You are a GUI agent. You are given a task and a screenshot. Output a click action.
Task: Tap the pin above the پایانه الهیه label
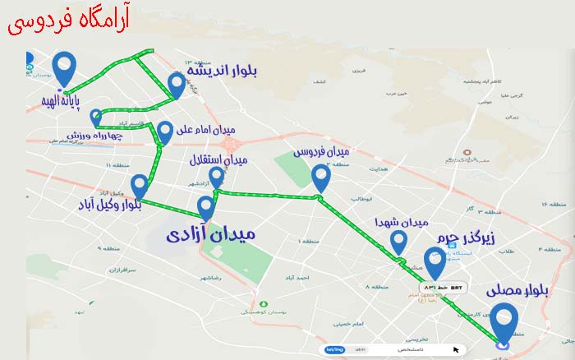coord(63,67)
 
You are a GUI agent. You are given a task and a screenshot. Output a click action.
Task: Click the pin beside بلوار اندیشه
coord(176,84)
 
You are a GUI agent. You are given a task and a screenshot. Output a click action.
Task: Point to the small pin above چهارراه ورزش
coord(96,117)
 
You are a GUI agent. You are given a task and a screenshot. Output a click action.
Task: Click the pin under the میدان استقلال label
coord(216,177)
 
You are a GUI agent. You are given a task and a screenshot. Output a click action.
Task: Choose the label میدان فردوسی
coord(321,152)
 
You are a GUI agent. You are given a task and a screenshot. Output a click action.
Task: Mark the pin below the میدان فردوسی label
coord(321,177)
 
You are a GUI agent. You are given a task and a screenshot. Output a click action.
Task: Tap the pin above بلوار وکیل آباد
coord(140,186)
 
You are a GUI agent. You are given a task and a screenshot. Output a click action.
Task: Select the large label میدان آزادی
coord(211,234)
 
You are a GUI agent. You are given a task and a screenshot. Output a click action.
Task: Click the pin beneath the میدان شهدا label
coord(398,242)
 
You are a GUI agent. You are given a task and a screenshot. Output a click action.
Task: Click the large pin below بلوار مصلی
coord(503,322)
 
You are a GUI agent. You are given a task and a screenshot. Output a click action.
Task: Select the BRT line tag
coord(444,287)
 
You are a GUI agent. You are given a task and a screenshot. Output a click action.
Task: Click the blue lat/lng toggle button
coord(334,349)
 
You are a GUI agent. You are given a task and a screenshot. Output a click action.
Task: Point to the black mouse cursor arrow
coord(456,349)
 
